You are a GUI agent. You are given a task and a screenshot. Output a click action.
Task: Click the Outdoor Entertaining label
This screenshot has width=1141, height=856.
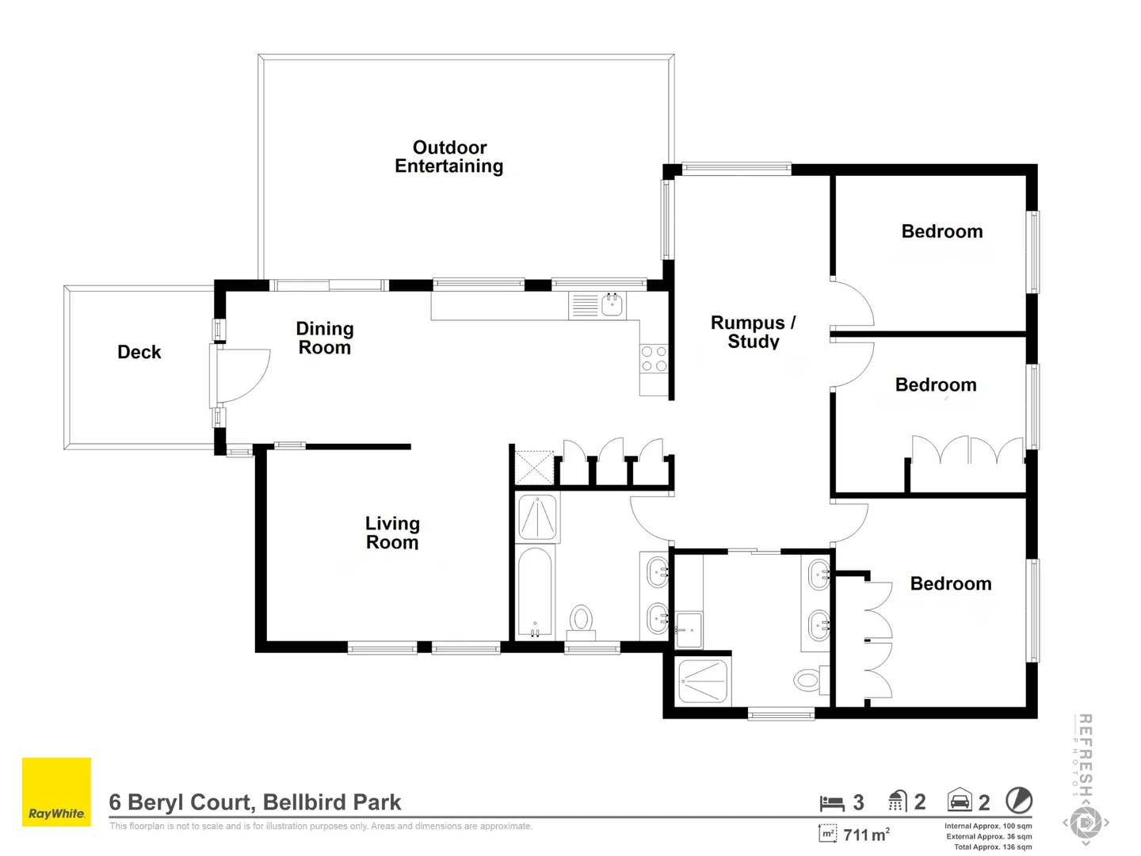[449, 157]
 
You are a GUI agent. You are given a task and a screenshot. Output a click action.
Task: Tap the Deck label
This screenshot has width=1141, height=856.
[139, 352]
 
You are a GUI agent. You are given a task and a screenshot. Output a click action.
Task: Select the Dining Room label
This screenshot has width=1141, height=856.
[325, 338]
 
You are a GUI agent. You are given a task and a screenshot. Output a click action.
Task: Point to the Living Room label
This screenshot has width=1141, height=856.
[392, 533]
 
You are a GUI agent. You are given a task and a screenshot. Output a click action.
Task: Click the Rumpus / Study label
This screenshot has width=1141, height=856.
[753, 332]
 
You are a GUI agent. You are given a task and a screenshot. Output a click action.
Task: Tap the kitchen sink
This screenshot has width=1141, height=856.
[611, 304]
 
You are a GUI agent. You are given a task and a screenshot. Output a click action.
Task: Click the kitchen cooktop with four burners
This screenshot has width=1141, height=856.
[654, 358]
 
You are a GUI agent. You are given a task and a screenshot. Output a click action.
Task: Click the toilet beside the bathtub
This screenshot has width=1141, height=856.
[582, 621]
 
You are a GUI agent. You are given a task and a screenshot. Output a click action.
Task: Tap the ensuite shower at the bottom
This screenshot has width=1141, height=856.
[702, 681]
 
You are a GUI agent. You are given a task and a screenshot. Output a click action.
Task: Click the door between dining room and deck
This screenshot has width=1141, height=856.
[242, 374]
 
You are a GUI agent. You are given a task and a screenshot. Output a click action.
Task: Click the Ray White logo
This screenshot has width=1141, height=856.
[56, 792]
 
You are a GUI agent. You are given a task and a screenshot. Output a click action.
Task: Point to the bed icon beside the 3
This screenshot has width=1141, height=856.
[832, 803]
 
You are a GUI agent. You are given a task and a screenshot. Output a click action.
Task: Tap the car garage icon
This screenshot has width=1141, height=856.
[960, 801]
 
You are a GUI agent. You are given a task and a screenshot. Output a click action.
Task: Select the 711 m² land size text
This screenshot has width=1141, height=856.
[866, 835]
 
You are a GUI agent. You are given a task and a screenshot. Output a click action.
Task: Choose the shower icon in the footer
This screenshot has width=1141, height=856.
[897, 801]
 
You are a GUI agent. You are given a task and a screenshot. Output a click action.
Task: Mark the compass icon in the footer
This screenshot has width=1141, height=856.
[1018, 801]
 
